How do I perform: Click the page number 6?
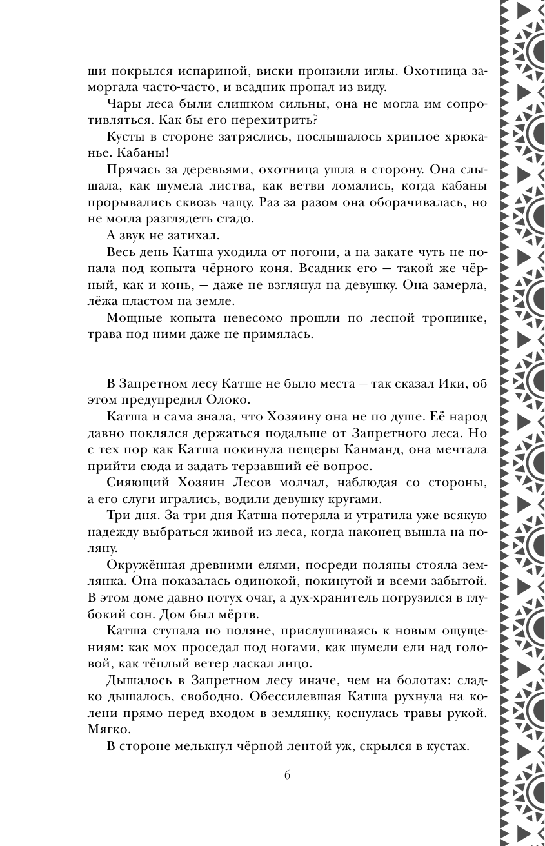click(x=286, y=774)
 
